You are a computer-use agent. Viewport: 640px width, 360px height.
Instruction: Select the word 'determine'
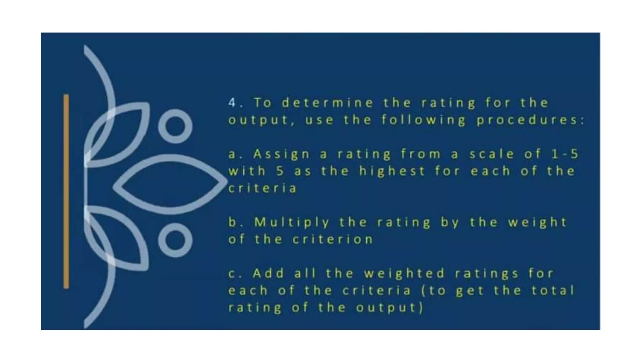(327, 102)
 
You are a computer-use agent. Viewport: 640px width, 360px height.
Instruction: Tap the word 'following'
(423, 120)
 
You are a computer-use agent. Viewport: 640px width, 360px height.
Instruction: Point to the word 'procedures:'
(530, 120)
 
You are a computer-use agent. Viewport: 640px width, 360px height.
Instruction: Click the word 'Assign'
(282, 154)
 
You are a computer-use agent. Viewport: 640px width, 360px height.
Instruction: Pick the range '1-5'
(565, 154)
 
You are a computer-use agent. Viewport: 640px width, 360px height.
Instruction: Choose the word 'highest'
(392, 171)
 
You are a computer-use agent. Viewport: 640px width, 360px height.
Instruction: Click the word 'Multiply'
(292, 222)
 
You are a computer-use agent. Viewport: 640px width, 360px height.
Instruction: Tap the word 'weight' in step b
(537, 222)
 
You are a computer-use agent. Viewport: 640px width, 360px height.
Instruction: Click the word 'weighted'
(404, 273)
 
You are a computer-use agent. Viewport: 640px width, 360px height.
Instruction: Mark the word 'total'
(553, 291)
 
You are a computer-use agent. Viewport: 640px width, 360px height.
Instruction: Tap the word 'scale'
(492, 154)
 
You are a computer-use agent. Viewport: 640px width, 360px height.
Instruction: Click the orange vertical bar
(66, 191)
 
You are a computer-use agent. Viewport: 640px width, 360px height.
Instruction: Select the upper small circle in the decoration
(175, 126)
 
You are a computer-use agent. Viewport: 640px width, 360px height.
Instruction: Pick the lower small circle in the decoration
(175, 240)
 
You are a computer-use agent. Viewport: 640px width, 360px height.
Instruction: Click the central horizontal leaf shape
(170, 184)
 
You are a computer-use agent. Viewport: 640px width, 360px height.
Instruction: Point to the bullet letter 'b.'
(235, 222)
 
